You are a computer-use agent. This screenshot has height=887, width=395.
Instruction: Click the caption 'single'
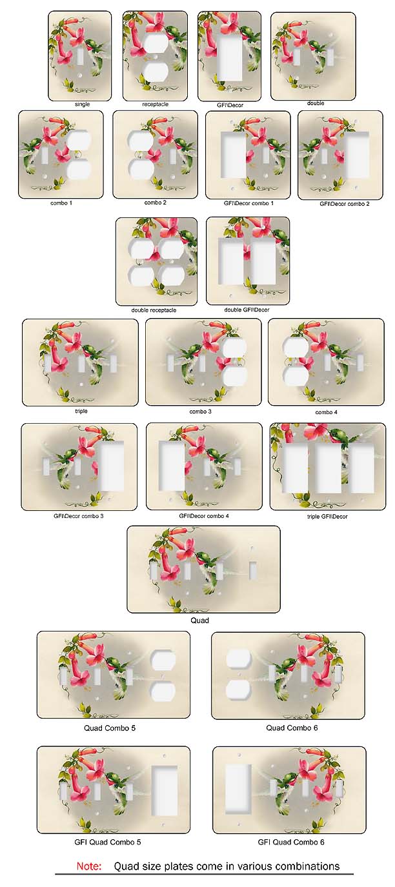[82, 104]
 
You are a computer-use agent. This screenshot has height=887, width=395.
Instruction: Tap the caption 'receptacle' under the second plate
[156, 104]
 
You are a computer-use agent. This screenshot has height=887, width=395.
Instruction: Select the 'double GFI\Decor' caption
[247, 310]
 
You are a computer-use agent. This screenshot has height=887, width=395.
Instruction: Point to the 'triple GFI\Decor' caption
[327, 516]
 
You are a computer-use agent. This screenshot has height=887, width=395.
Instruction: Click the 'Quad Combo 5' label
[110, 728]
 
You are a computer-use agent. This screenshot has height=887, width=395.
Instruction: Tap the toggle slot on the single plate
[81, 57]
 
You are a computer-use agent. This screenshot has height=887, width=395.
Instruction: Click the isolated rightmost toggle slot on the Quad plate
[252, 571]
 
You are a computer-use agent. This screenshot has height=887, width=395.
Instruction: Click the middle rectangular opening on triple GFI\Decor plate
[328, 468]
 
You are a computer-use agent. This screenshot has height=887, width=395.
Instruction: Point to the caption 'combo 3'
[201, 412]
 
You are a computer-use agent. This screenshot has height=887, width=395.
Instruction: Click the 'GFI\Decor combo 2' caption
[345, 204]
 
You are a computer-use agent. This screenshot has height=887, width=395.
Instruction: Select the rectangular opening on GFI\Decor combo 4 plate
[172, 465]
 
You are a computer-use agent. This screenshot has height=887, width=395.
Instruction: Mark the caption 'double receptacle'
[154, 310]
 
